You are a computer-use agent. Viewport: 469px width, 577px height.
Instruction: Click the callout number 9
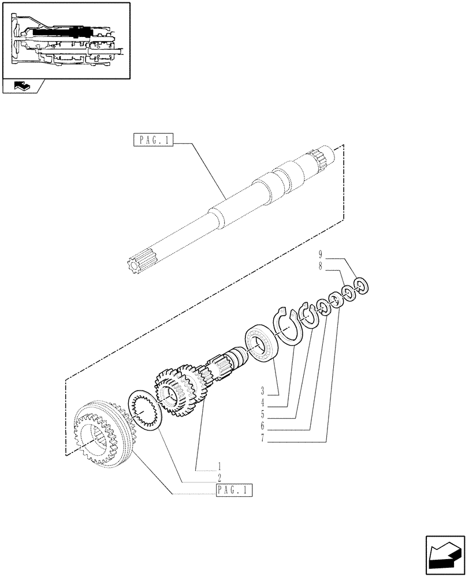click(x=320, y=254)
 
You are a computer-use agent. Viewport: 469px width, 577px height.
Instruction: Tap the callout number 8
click(x=320, y=267)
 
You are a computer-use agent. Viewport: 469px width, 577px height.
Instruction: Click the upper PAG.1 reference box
click(x=154, y=139)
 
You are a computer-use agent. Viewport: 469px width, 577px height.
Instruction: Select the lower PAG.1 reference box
click(x=234, y=491)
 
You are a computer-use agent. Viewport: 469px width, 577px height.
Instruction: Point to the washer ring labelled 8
click(x=348, y=293)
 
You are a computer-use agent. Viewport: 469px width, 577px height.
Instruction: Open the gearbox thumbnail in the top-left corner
click(x=66, y=40)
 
